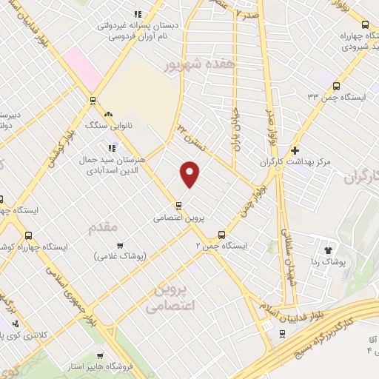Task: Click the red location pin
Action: [x=191, y=173]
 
